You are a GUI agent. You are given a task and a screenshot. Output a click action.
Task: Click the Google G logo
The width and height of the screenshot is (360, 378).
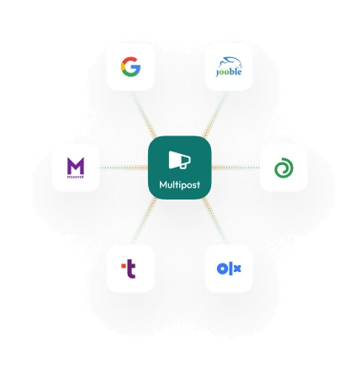point(130,67)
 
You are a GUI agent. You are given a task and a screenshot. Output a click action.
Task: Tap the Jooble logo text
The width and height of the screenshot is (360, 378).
point(229,72)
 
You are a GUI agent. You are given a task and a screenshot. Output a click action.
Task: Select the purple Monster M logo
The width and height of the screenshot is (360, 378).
point(76,166)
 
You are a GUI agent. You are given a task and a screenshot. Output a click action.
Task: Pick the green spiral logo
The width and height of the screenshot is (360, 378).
point(283,168)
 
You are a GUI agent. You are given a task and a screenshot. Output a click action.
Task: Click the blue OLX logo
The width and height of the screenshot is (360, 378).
point(229,269)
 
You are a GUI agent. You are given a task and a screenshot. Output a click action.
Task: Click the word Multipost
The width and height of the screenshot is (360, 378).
point(180,184)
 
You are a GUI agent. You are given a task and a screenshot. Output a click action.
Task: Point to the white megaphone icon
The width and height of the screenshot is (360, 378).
point(180,160)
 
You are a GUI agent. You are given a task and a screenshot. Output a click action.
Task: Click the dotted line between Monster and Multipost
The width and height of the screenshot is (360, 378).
point(124,168)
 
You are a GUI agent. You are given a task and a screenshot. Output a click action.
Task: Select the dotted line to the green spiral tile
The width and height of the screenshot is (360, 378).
point(236,168)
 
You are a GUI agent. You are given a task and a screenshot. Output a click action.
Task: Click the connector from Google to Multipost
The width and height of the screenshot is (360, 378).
point(144,114)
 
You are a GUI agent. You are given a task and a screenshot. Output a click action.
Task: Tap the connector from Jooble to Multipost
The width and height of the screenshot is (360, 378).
point(215,114)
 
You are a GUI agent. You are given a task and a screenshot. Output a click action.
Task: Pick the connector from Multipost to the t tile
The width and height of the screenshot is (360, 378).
point(144,221)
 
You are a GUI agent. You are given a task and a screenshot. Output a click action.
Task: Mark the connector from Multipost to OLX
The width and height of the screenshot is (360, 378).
point(215,221)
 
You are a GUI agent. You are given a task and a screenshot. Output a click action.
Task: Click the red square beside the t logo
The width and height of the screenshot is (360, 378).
point(124,265)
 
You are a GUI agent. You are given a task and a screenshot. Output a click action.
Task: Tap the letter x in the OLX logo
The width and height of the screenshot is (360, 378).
point(237,269)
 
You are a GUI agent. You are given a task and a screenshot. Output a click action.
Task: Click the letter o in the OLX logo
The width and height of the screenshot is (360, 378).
point(222,269)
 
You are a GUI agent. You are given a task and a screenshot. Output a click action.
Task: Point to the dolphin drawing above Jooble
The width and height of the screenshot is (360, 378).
point(231,62)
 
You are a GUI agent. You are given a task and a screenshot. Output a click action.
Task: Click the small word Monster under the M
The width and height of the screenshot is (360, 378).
point(76,177)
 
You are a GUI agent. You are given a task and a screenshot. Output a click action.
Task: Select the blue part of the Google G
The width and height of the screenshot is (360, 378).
point(137,70)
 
